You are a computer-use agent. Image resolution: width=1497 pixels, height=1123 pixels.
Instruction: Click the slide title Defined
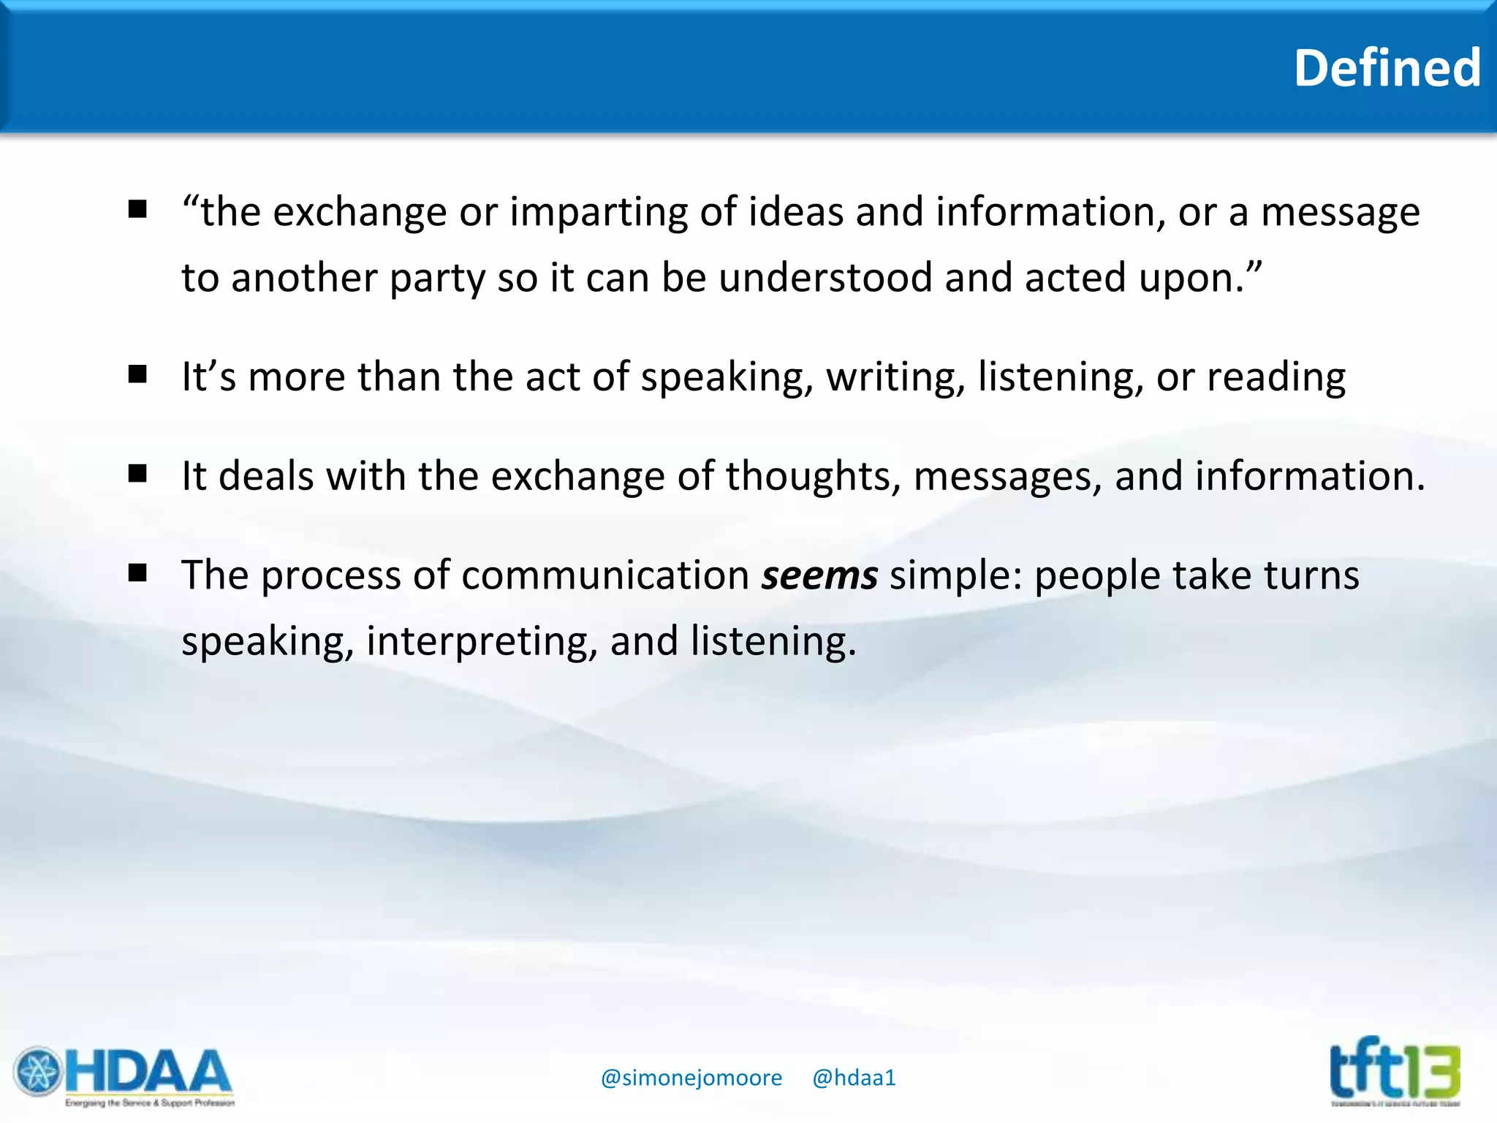1387,68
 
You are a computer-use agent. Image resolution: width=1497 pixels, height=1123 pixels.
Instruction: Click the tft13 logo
1395,1072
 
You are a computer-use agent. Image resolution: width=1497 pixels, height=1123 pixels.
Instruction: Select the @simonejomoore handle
691,1078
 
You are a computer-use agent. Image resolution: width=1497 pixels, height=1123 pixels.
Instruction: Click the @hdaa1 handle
854,1078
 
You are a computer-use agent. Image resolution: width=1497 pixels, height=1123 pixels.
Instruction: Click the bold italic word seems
819,575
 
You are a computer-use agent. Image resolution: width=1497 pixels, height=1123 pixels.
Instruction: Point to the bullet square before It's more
137,374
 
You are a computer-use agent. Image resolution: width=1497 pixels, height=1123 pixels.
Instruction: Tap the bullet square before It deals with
137,474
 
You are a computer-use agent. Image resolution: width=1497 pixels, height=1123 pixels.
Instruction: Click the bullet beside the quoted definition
137,210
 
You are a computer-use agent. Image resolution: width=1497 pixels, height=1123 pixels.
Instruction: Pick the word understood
825,279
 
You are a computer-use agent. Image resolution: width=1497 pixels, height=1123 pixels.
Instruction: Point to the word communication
605,575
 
